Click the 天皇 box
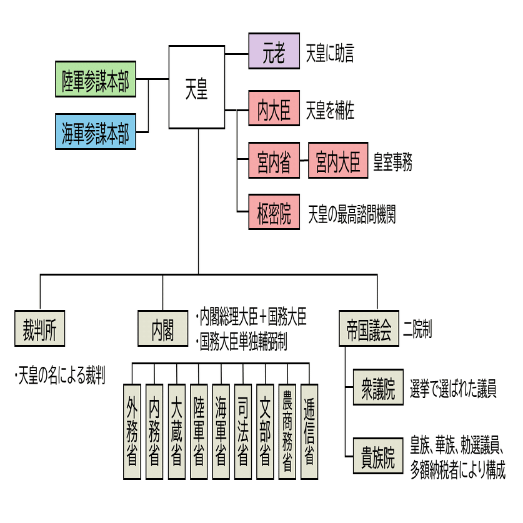click(x=197, y=87)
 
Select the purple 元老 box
click(x=274, y=51)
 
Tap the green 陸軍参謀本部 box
click(x=95, y=79)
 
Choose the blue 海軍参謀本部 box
click(x=95, y=132)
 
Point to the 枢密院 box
click(x=274, y=213)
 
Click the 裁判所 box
click(x=40, y=329)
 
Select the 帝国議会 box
click(x=369, y=329)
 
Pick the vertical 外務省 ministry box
click(x=132, y=431)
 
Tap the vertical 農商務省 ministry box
click(x=287, y=431)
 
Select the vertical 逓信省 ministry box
click(x=309, y=431)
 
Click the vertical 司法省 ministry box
click(x=242, y=431)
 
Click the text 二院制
click(x=418, y=329)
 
